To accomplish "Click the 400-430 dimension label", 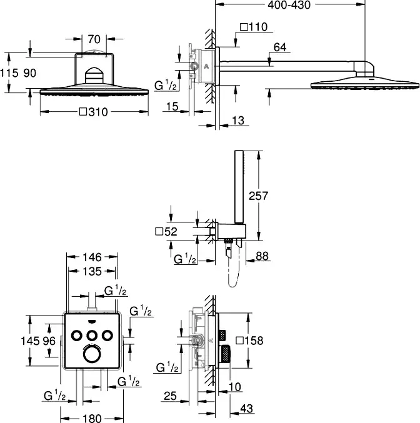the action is (x=289, y=5).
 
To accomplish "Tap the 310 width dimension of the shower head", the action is (x=94, y=112).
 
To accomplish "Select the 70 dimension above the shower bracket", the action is (x=94, y=39).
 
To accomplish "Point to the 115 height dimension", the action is (x=9, y=73).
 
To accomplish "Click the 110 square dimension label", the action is (x=254, y=27).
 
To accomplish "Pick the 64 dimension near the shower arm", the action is (x=280, y=47).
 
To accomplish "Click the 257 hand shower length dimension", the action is (x=258, y=196).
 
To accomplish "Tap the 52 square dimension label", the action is (x=166, y=231).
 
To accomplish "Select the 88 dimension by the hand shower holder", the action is (x=262, y=256).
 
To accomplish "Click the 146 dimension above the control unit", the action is (x=92, y=257).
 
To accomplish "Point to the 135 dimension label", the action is (x=92, y=271).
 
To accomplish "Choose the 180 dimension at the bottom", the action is (x=92, y=419).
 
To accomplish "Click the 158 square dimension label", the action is (x=249, y=341).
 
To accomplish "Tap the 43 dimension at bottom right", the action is (x=246, y=409).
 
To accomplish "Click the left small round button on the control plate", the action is (x=76, y=336).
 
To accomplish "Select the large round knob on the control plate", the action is (x=92, y=354).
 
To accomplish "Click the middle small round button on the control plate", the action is (x=92, y=336).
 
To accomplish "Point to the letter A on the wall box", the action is (x=206, y=66).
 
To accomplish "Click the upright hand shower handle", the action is (x=239, y=187).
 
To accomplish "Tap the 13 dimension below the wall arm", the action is (x=238, y=121).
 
